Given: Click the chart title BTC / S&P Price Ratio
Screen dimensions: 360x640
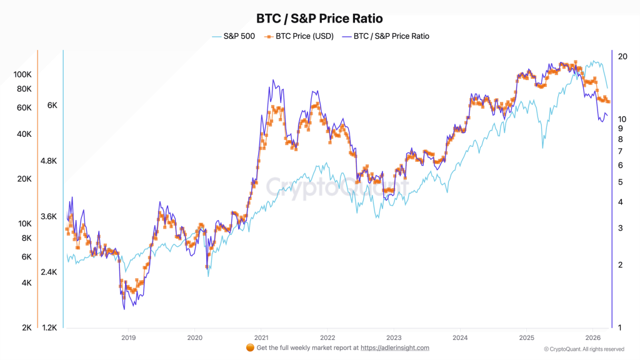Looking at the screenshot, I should (319, 19).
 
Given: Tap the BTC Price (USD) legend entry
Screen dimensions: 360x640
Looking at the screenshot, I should (299, 36).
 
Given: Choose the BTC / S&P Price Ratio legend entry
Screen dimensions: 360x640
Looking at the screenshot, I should (386, 36).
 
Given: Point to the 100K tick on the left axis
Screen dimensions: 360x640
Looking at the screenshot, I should (22, 74).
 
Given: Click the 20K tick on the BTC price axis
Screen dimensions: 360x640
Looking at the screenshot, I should (24, 179).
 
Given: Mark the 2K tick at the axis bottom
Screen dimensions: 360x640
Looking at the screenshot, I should (27, 327).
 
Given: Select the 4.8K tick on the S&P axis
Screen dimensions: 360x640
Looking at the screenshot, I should (49, 161).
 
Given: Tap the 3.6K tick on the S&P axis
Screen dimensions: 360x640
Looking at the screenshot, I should (49, 217).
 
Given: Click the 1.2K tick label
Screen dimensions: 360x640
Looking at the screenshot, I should (49, 327).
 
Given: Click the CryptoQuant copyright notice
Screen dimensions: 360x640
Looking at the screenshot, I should (584, 349).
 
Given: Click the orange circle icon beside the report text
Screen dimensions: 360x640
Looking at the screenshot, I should (250, 347).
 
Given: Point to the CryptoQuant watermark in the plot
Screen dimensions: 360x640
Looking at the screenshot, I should (337, 186).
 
